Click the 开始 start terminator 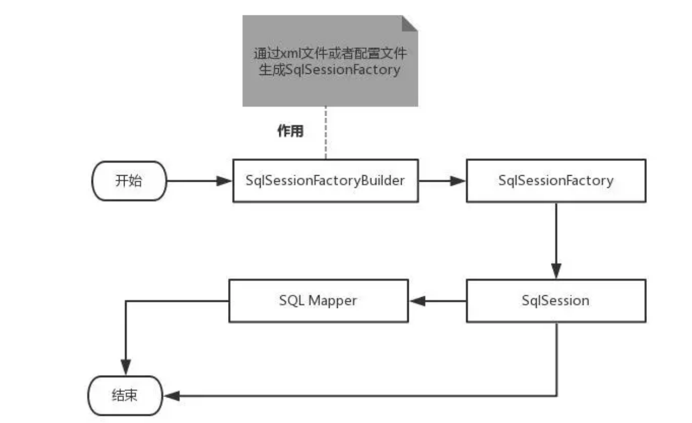[x=129, y=181]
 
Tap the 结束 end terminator [x=125, y=395]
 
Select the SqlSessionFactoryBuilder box [x=326, y=181]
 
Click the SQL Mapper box [x=318, y=301]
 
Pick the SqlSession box [x=556, y=301]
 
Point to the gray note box [x=330, y=61]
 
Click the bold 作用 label [x=290, y=131]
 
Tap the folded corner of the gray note [x=410, y=24]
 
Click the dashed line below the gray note [x=326, y=133]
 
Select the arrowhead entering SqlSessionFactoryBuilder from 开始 [x=224, y=181]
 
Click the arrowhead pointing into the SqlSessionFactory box [x=458, y=181]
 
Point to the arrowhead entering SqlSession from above [x=556, y=271]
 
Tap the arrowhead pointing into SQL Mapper [x=417, y=301]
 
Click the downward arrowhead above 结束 [x=126, y=367]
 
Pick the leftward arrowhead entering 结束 [x=171, y=396]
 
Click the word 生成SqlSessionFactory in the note [x=329, y=69]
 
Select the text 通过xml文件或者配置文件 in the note [x=330, y=53]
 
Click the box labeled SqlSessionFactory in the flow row [x=556, y=181]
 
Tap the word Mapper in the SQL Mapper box [x=333, y=301]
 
